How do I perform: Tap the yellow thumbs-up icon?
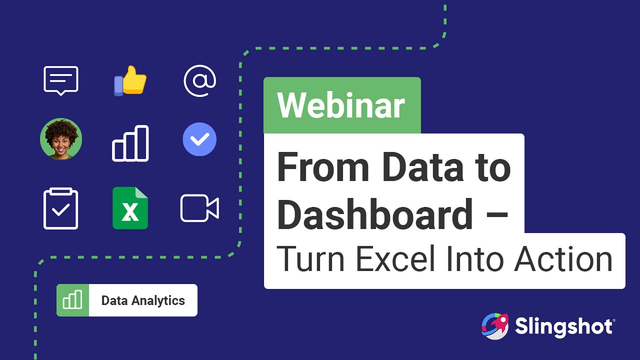coord(130,80)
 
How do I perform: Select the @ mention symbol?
coord(199,81)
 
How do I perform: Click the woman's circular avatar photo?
coord(61,139)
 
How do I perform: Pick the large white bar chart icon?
coord(130,143)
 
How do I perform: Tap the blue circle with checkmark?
coord(199,139)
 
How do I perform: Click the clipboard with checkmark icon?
coord(60,208)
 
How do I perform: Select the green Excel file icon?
coord(130,208)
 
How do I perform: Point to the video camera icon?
coord(199,208)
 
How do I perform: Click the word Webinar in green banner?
coord(341,105)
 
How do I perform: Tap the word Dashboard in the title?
coord(375,214)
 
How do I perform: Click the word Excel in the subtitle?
coord(395,259)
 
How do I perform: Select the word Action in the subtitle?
coord(563,259)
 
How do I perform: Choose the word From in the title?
coord(323,167)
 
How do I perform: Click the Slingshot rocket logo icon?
coord(495,326)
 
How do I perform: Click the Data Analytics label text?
coord(143,300)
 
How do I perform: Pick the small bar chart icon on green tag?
coord(72,299)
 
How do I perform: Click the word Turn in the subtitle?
coord(310,259)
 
